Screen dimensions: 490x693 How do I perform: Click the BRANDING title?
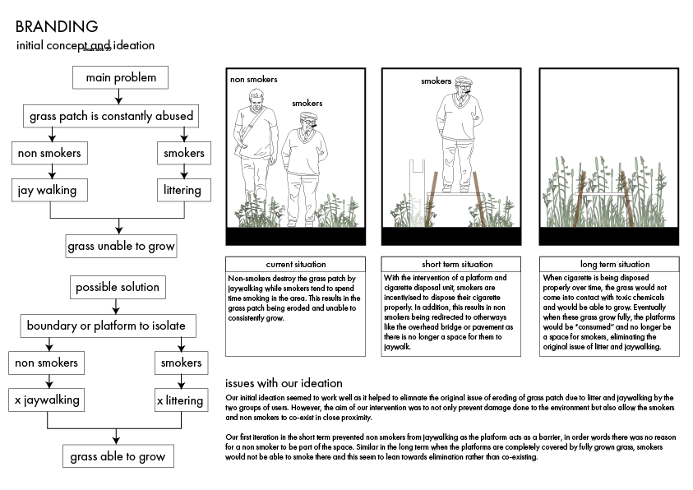point(57,26)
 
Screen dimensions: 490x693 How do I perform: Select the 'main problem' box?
point(120,78)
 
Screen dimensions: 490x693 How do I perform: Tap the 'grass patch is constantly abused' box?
point(111,116)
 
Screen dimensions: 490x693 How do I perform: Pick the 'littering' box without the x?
point(182,191)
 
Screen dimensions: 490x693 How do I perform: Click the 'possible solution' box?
point(118,288)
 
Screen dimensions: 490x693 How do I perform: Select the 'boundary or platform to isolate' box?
point(106,326)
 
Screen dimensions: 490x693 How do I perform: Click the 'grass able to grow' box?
point(118,456)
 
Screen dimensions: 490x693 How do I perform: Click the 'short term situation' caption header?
point(452,265)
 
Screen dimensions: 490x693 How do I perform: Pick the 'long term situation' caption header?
point(609,265)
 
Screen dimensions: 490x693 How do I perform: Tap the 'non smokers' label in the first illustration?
point(253,80)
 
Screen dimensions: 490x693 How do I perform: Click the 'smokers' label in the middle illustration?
point(437,81)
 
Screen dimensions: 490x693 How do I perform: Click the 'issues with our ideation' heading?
point(284,384)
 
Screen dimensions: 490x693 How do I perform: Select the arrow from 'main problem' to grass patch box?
point(120,98)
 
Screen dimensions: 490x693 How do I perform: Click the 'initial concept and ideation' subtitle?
point(85,46)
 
